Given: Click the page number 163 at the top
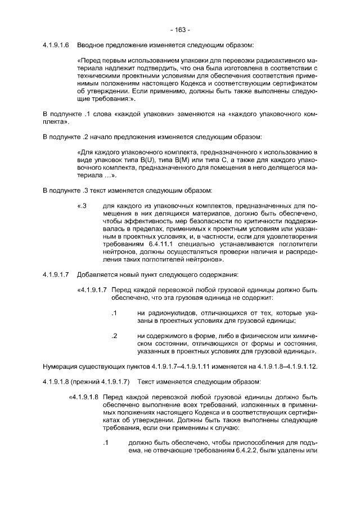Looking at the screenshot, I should [x=179, y=29].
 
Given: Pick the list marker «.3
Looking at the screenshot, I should [x=82, y=206].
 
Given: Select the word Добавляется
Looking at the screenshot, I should [x=96, y=275].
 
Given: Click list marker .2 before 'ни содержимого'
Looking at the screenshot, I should [x=114, y=336].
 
